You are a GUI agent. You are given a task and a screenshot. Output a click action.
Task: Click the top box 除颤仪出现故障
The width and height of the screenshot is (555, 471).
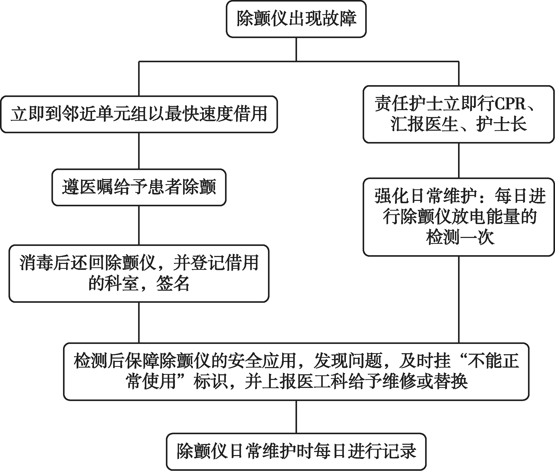[x=296, y=19]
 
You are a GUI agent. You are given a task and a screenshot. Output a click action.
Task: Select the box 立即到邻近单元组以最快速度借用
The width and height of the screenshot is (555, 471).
[x=139, y=114]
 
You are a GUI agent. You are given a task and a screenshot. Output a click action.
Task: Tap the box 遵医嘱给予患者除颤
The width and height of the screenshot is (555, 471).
[x=139, y=187]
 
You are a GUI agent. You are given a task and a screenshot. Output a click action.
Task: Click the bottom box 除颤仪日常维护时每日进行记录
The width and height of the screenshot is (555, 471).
[x=296, y=451]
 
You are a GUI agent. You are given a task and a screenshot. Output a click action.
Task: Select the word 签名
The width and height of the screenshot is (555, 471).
[x=173, y=283]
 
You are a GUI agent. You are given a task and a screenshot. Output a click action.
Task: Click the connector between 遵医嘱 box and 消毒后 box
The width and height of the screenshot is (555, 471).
[x=139, y=225]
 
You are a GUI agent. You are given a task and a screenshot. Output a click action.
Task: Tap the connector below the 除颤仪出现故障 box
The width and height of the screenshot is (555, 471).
[x=296, y=49]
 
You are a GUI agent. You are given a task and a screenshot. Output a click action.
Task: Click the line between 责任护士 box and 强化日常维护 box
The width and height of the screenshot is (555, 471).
[x=459, y=161]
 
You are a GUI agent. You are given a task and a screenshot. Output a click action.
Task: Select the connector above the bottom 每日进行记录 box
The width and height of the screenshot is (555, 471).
[x=296, y=416]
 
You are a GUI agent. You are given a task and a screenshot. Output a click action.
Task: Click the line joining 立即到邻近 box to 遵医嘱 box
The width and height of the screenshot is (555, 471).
[x=139, y=150]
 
